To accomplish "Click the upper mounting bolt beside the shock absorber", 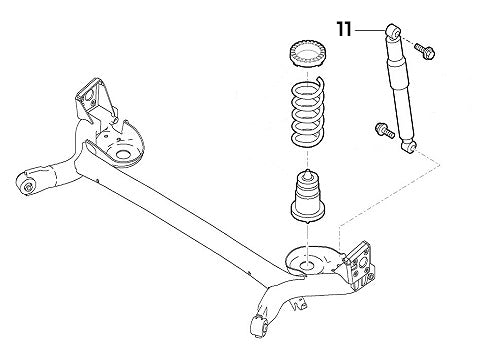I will (x=421, y=45).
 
